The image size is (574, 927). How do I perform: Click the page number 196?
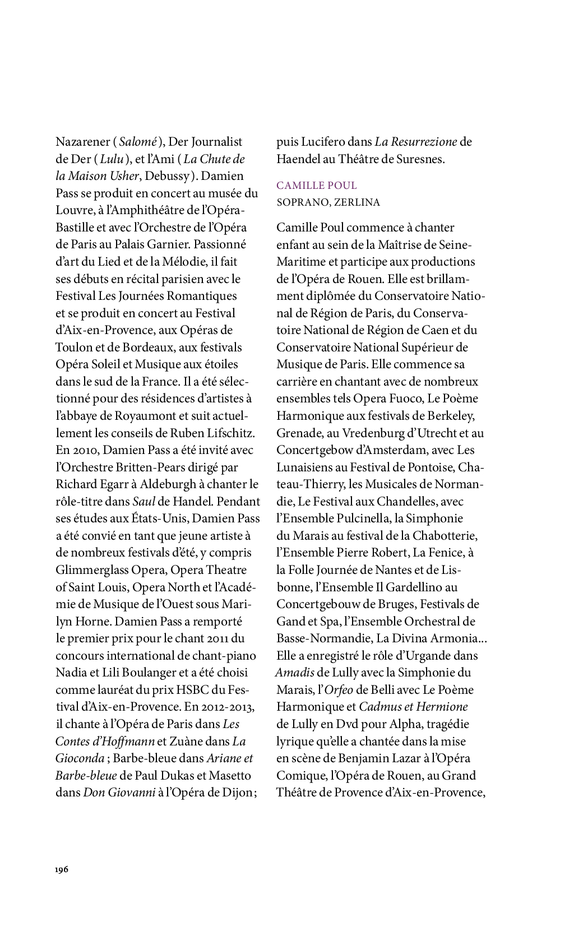click(x=62, y=869)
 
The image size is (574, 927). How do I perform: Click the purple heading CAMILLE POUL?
click(x=317, y=186)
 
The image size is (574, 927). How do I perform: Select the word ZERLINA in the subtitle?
click(x=357, y=202)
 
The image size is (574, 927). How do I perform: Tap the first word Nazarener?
click(x=82, y=142)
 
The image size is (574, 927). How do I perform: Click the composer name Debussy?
click(x=166, y=176)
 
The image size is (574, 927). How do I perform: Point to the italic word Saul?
click(x=143, y=502)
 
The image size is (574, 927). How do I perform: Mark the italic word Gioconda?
click(x=80, y=758)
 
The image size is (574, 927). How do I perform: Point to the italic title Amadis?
click(x=295, y=673)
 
